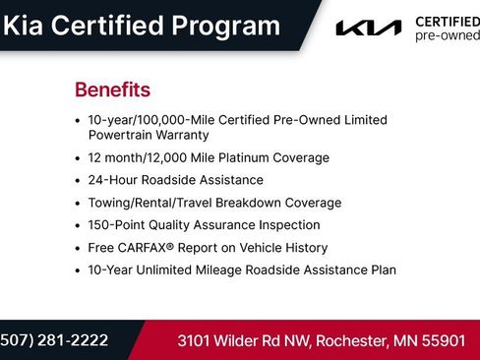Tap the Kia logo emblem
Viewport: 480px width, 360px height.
click(x=368, y=29)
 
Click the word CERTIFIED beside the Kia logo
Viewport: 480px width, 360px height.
click(x=448, y=22)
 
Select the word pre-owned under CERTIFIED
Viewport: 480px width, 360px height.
click(x=447, y=35)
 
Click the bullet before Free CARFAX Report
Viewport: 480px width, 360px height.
click(x=78, y=248)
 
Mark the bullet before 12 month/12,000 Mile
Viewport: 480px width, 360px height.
click(x=78, y=157)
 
